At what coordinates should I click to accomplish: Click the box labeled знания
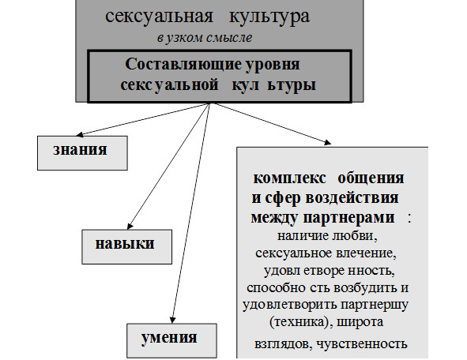coord(82,153)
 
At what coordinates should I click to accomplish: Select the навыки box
coord(127,246)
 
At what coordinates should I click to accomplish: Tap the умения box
coord(171,341)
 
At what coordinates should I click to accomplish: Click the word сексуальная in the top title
coord(159,17)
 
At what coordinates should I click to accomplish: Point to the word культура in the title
coord(269,17)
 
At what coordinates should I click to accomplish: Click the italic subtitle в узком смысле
coord(205,38)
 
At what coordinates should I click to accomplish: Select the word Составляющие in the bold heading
coord(183,64)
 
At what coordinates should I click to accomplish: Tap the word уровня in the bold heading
coord(273,65)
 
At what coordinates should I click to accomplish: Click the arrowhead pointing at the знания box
coord(80,134)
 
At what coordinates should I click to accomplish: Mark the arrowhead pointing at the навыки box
coord(130,227)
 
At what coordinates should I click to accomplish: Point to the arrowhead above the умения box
coord(172,320)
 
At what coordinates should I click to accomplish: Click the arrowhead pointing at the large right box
coord(327,142)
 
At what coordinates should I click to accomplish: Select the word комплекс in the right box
coord(289,178)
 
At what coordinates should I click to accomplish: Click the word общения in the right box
coord(371,178)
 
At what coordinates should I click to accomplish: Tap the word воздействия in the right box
coord(352,198)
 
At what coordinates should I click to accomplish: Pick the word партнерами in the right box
coord(348,218)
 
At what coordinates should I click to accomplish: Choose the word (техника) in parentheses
coord(300,322)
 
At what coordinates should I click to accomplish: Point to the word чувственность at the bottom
coord(362,344)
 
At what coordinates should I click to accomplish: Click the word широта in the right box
coord(360,322)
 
